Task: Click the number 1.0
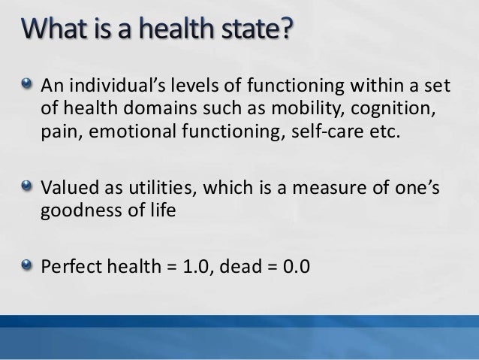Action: (196, 266)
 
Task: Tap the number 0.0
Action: (292, 266)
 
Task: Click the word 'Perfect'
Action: (70, 266)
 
